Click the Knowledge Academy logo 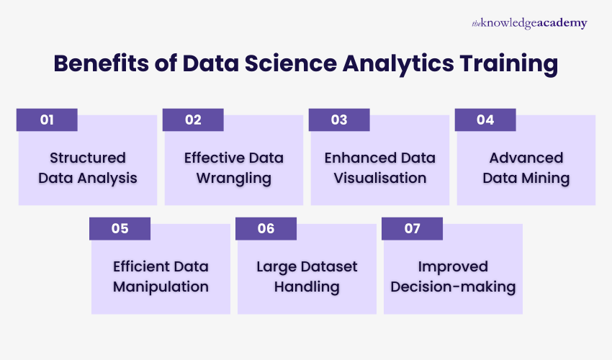pyautogui.click(x=529, y=23)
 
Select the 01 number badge pyautogui.click(x=47, y=120)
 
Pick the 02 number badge pyautogui.click(x=193, y=120)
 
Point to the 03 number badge pyautogui.click(x=339, y=120)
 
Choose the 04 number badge pyautogui.click(x=485, y=120)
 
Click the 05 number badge pyautogui.click(x=120, y=228)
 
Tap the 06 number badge pyautogui.click(x=266, y=228)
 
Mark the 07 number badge pyautogui.click(x=412, y=228)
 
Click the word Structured pyautogui.click(x=88, y=158)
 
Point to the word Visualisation pyautogui.click(x=380, y=178)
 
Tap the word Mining pyautogui.click(x=547, y=178)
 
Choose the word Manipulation pyautogui.click(x=161, y=287)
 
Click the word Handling pyautogui.click(x=307, y=287)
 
